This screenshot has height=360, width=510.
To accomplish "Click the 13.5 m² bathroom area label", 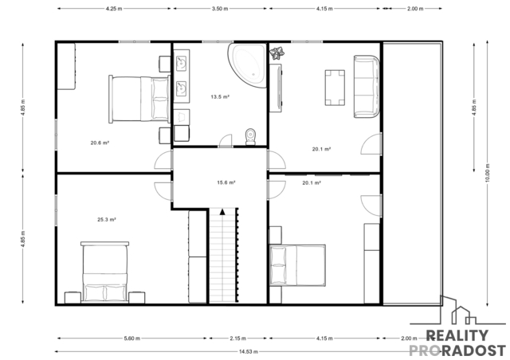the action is pos(220,96).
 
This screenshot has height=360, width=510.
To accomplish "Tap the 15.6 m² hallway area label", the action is pos(226,182).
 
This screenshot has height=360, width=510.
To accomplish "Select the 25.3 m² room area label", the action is pos(107,220).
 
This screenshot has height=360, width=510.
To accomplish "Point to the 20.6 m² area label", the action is pos(100,143).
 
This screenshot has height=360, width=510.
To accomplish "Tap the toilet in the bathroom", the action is pos(250,136).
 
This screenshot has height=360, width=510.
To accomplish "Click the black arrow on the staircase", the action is pos(222,212).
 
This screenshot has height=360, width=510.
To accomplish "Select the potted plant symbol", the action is pos(277,53).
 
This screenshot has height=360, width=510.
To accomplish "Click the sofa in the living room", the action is pos(367,87).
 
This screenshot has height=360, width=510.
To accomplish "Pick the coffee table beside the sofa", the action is pos(335,88).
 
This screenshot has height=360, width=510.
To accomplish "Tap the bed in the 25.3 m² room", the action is pos(104,272).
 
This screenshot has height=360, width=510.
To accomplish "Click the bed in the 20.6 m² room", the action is pos(139,100).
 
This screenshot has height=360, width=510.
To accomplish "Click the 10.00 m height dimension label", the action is pos(487,173).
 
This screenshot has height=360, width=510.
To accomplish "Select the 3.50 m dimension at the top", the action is pos(220,9).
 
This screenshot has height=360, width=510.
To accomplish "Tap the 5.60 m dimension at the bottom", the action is pos(132,338).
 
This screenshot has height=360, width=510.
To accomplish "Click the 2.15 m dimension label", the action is pos(238,338).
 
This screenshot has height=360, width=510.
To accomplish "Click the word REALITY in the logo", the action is pos(457,335).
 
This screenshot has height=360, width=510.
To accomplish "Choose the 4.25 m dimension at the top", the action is pos(114,9).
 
